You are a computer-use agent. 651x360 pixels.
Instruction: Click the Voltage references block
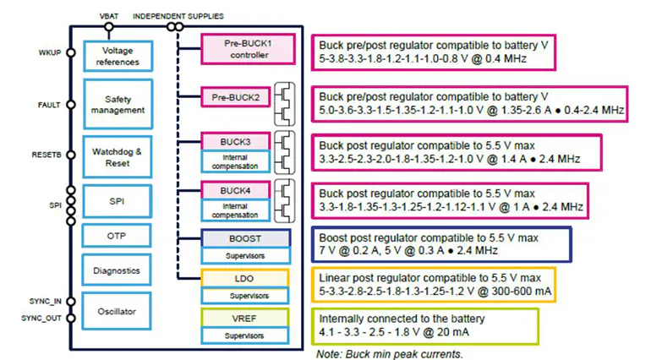[x=118, y=57]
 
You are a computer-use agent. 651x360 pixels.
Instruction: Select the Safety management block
[x=118, y=105]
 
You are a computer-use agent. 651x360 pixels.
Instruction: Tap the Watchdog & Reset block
[x=118, y=155]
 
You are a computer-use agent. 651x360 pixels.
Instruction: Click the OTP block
[x=118, y=234]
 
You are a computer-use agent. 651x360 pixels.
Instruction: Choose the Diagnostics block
[x=118, y=270]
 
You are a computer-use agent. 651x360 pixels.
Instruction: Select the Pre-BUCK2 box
[x=235, y=99]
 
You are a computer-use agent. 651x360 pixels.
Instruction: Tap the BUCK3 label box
[x=235, y=140]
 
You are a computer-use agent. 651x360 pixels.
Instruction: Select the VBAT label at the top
[x=110, y=16]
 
